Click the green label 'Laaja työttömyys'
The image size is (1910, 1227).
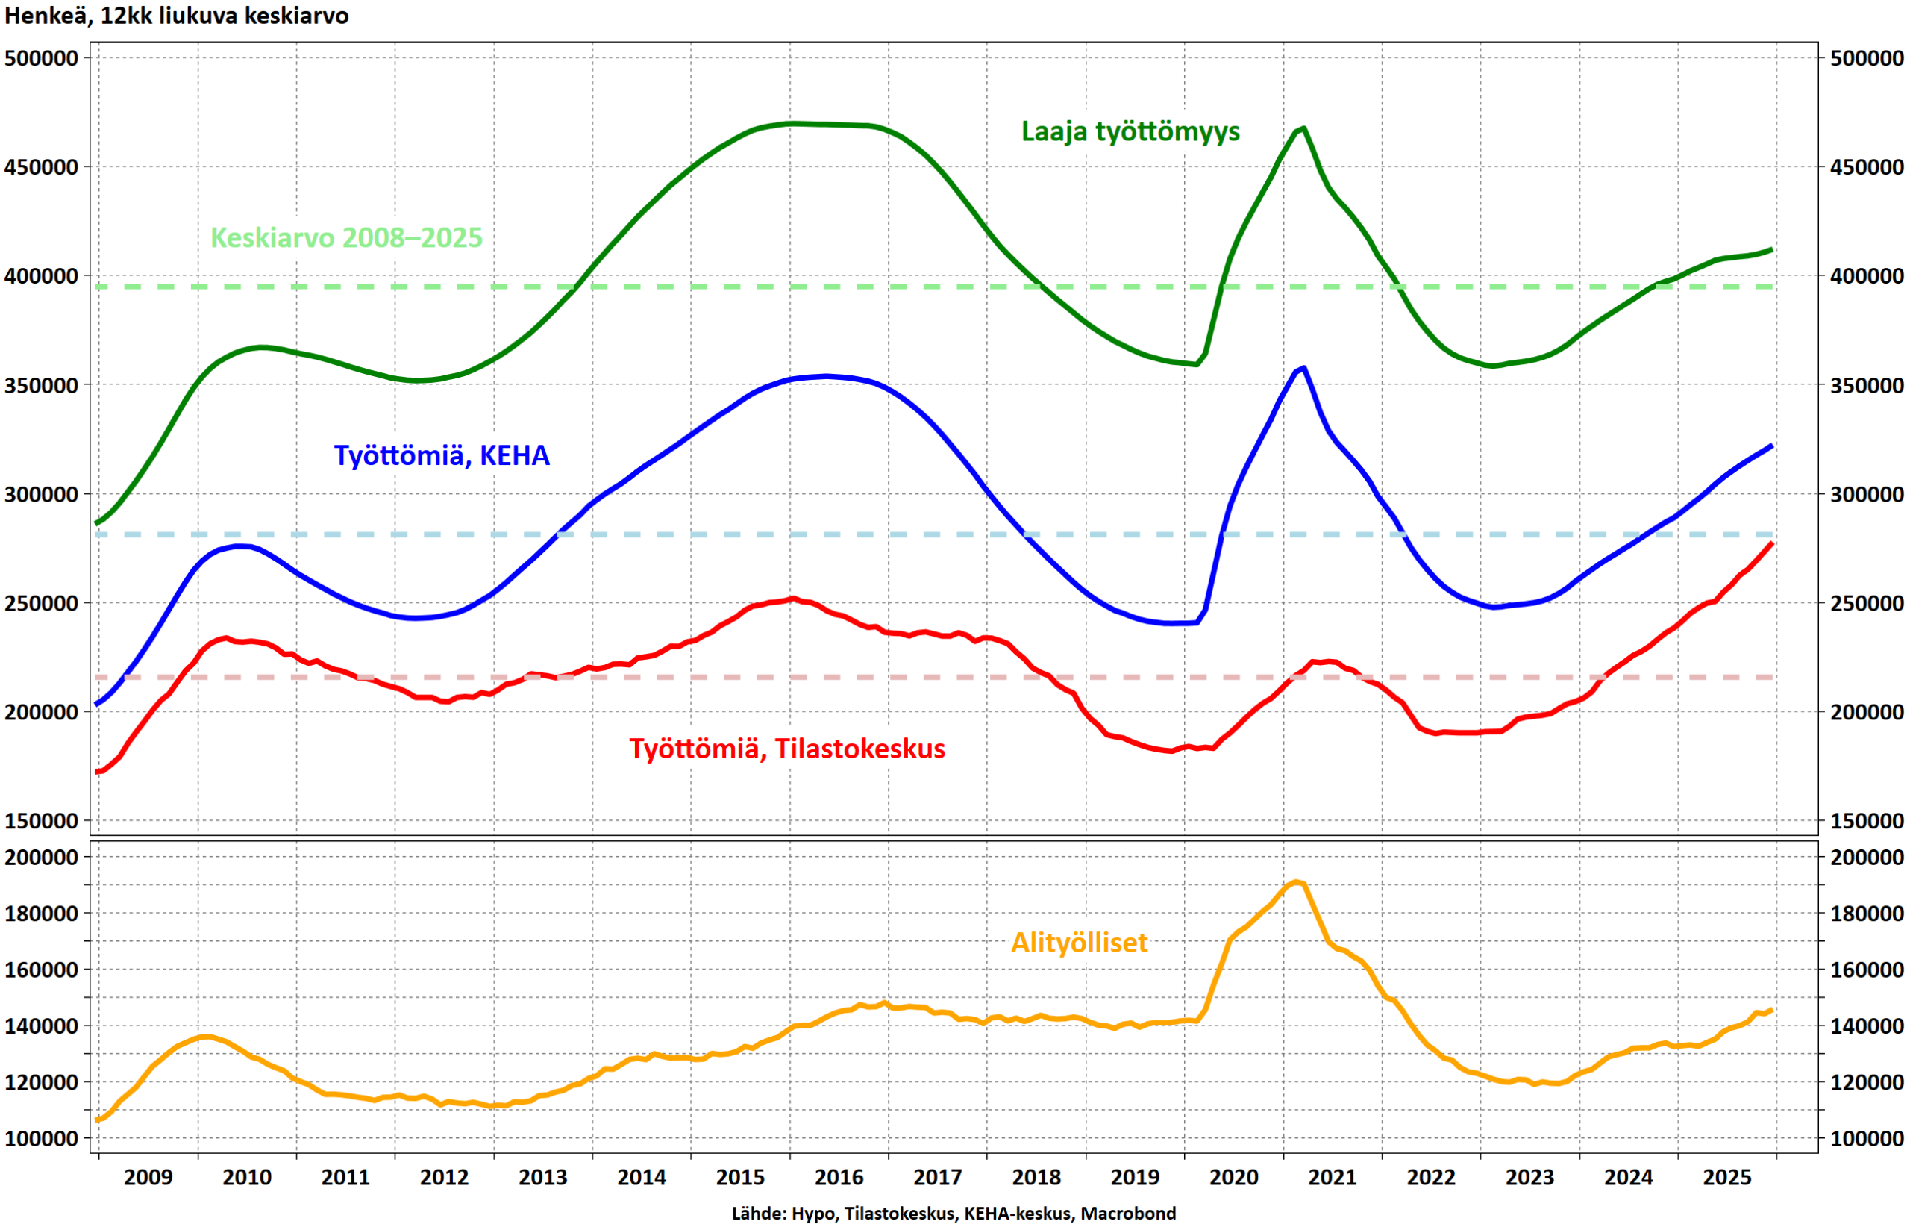pos(1130,131)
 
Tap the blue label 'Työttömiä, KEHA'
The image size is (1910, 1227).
pos(441,455)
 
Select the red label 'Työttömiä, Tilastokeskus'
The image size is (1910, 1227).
pos(787,748)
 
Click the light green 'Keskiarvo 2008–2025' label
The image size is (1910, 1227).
pos(346,237)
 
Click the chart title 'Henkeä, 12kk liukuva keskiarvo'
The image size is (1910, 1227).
pos(177,15)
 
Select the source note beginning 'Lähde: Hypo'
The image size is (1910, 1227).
pos(954,1213)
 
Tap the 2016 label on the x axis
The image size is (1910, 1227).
pos(839,1177)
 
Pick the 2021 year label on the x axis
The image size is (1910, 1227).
pos(1332,1177)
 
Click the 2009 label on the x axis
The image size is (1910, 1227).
pos(148,1177)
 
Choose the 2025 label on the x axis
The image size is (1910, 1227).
pos(1726,1177)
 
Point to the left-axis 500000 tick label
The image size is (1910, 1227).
pos(42,58)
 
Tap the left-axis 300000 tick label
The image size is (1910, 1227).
pos(42,494)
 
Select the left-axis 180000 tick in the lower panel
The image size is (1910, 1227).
pos(42,913)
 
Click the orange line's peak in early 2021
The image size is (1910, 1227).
pos(1296,882)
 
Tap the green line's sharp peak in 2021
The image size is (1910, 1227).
pos(1302,128)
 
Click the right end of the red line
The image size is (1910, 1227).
pos(1770,543)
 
